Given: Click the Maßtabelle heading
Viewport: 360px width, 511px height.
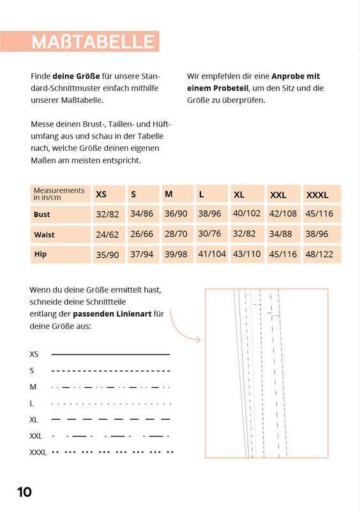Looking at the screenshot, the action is (x=93, y=42).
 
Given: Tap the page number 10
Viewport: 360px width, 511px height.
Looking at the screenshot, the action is (x=24, y=492).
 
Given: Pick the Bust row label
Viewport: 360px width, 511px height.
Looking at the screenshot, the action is (x=41, y=215).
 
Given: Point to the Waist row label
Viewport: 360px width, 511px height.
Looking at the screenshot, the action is (x=44, y=234).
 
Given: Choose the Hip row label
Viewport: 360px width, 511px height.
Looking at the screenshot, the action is (x=40, y=254).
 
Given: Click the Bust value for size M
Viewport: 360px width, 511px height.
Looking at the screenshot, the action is (x=176, y=214).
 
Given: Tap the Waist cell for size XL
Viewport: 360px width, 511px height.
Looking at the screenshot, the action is (x=244, y=234).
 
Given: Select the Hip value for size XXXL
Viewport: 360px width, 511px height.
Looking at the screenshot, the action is (x=319, y=254).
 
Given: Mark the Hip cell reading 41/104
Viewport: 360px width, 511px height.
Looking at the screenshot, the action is (x=212, y=254).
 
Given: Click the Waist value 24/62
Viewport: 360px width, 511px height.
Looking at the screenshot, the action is (x=107, y=234).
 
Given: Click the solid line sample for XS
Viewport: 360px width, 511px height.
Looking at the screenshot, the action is (x=111, y=355).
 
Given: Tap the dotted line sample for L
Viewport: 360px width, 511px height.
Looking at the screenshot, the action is (x=111, y=404).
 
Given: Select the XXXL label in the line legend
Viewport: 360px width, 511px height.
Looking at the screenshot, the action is (x=38, y=452).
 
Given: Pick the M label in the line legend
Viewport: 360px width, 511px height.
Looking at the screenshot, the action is (x=33, y=387).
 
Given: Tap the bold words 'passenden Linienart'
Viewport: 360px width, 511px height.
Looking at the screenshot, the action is (x=112, y=314).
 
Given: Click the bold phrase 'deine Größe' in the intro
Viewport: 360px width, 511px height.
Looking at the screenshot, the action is (x=76, y=76).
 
